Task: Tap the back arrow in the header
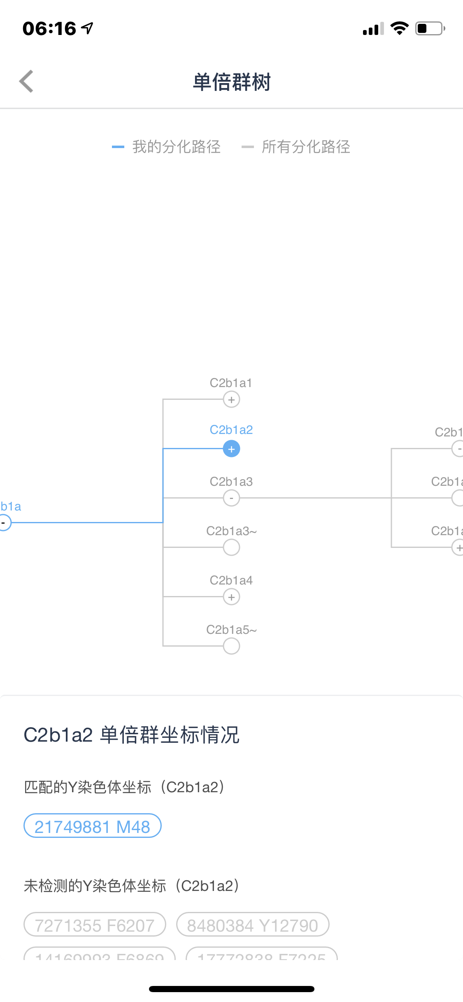[x=26, y=81]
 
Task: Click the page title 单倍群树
[x=232, y=82]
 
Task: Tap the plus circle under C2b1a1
[x=231, y=399]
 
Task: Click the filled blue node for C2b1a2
[x=231, y=449]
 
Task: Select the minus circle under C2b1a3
[x=231, y=498]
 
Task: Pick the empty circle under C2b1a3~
[x=231, y=547]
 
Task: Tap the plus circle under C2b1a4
[x=231, y=597]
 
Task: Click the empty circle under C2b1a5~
[x=231, y=646]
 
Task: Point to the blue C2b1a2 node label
[x=231, y=430]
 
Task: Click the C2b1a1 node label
[x=231, y=383]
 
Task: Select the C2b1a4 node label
[x=231, y=580]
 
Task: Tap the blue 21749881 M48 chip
[x=93, y=826]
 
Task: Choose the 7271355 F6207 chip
[x=95, y=925]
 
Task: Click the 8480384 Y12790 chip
[x=253, y=925]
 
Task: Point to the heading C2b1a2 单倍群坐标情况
[x=132, y=735]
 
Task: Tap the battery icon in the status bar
[x=430, y=28]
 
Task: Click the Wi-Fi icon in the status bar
[x=399, y=28]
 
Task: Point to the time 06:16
[x=49, y=28]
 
